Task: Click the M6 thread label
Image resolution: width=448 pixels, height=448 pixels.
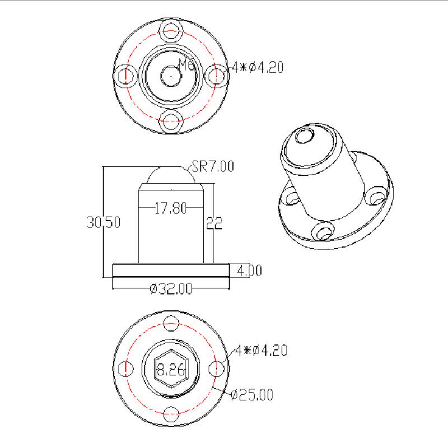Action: (187, 64)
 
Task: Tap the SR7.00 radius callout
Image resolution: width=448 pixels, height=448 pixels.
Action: (213, 166)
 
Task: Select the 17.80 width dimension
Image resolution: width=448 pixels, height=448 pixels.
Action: (171, 208)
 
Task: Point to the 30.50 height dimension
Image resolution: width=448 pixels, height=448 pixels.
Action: (104, 222)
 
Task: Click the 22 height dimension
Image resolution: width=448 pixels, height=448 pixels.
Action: (214, 223)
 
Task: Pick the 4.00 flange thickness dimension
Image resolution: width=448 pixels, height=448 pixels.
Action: (249, 270)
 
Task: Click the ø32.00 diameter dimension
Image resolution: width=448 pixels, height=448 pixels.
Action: (171, 288)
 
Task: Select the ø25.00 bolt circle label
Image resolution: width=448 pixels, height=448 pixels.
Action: (251, 395)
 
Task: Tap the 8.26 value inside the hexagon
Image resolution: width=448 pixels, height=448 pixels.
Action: (171, 370)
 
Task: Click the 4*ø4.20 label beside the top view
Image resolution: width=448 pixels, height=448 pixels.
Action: (258, 68)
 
